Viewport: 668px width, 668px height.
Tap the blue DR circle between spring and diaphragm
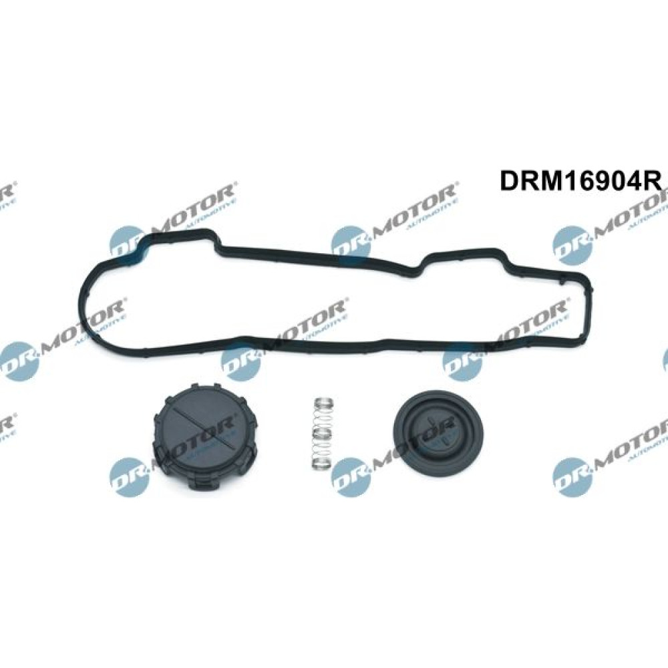349,474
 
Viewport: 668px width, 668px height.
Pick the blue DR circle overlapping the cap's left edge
128,474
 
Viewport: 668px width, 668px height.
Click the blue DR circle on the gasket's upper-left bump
128,244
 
